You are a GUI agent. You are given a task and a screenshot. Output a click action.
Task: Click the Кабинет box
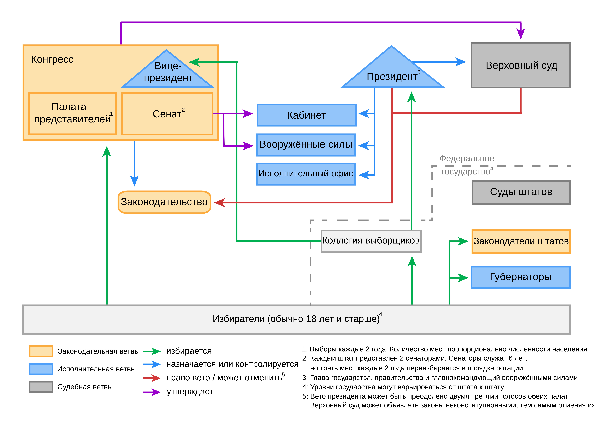coord(306,115)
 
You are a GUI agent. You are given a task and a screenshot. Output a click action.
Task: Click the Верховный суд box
coord(521,65)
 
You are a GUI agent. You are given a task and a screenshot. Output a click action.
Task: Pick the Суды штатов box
coord(521,192)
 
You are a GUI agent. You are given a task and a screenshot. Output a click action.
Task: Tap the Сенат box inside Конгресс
coord(167,114)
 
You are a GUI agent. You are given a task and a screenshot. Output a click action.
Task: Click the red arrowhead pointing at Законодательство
coord(219,203)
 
